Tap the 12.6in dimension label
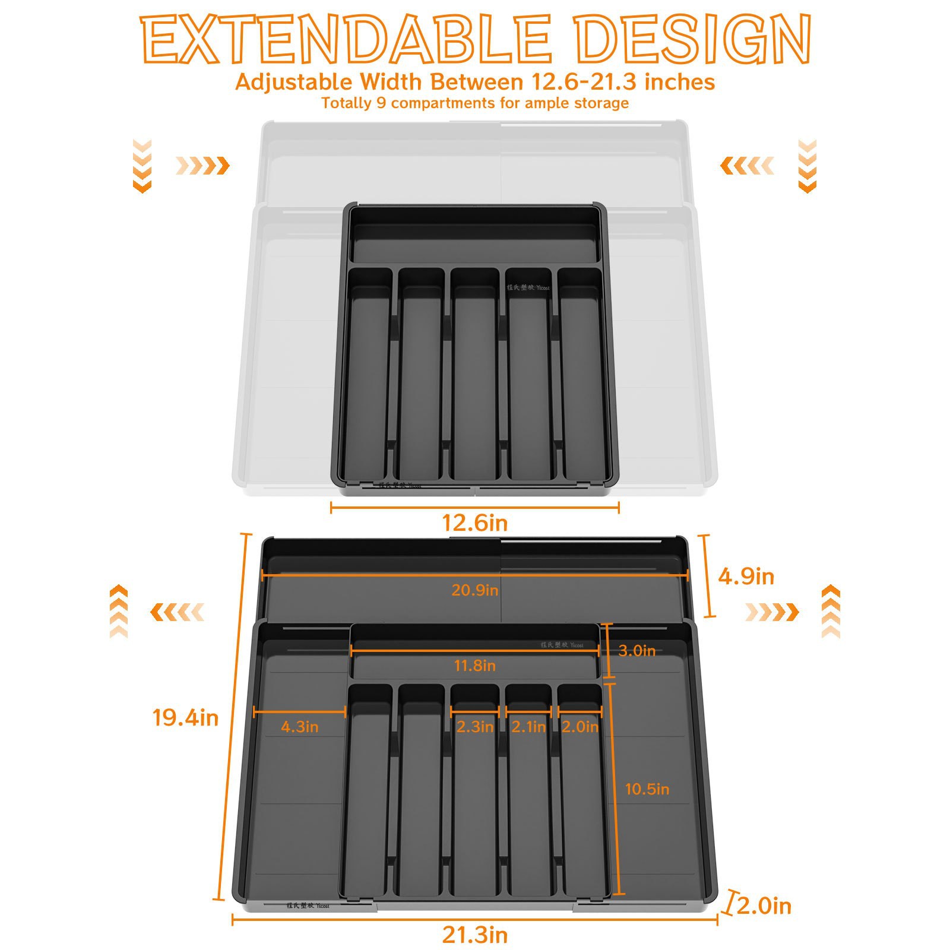pos(474,523)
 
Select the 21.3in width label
pos(474,935)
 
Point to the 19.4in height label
pos(185,718)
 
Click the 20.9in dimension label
pos(474,590)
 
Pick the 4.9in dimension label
pos(746,577)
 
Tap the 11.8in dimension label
pos(474,666)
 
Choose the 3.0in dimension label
pos(636,651)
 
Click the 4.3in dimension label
pos(299,727)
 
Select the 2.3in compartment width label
pos(474,727)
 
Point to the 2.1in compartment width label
pos(528,727)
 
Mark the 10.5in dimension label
pos(647,789)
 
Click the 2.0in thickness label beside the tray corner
pos(764,906)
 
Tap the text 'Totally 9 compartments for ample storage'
pos(474,103)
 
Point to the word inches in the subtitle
pos(680,82)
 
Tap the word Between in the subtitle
pos(477,82)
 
